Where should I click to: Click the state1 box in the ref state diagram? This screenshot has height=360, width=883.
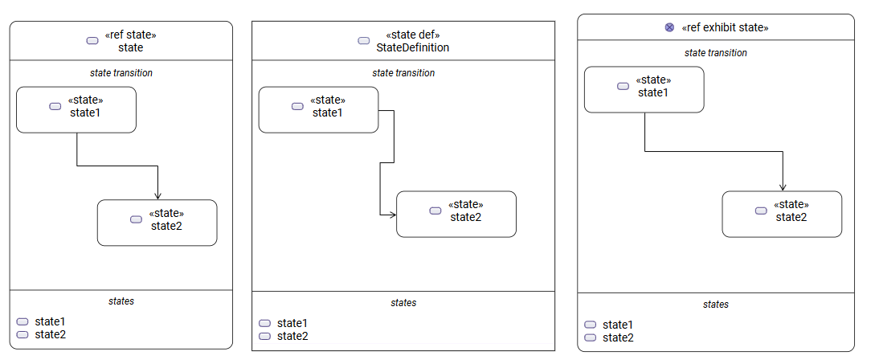pyautogui.click(x=76, y=109)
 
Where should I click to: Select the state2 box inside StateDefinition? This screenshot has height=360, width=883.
pyautogui.click(x=456, y=214)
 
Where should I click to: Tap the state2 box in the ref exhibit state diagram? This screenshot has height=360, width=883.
pyautogui.click(x=782, y=214)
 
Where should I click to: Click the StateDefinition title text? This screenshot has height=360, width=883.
pyautogui.click(x=413, y=47)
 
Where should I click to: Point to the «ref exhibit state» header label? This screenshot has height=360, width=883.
pyautogui.click(x=725, y=27)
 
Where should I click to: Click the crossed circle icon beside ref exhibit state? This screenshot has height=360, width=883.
pyautogui.click(x=669, y=27)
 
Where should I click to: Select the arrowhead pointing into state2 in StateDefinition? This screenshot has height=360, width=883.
pyautogui.click(x=392, y=215)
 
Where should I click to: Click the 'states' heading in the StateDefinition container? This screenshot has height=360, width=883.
pyautogui.click(x=403, y=303)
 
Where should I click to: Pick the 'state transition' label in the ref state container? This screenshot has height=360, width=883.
pyautogui.click(x=121, y=73)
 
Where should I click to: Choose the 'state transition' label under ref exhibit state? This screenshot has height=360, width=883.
pyautogui.click(x=715, y=53)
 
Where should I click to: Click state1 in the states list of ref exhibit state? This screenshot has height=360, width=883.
pyautogui.click(x=618, y=325)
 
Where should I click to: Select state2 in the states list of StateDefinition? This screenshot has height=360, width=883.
pyautogui.click(x=292, y=336)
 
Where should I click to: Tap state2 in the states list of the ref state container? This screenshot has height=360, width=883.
pyautogui.click(x=50, y=334)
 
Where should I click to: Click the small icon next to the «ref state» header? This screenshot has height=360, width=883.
pyautogui.click(x=92, y=41)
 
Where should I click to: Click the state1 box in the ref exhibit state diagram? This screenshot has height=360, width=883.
pyautogui.click(x=644, y=89)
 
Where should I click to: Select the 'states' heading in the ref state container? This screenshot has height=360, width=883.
pyautogui.click(x=121, y=301)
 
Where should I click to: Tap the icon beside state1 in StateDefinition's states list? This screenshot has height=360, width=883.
pyautogui.click(x=264, y=323)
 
